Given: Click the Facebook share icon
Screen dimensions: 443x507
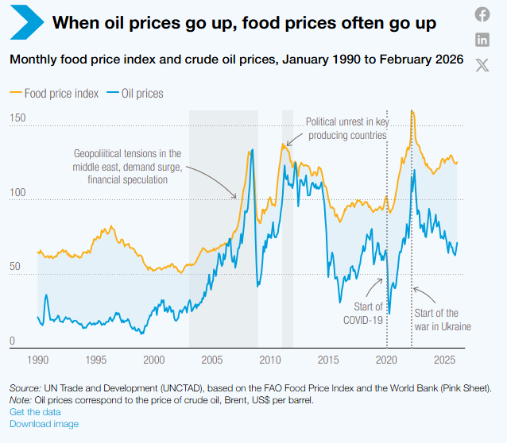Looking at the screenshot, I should pos(482,14).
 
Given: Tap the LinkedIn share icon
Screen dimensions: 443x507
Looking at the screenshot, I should pos(482,40).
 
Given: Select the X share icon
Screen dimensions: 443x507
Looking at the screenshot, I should pos(482,65).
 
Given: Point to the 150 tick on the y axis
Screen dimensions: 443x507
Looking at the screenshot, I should pos(17,118).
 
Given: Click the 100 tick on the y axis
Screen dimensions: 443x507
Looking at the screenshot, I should pos(17,193).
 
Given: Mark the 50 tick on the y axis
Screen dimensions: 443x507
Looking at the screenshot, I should pos(14,267).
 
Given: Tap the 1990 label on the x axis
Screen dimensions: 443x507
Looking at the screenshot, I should pos(38,360).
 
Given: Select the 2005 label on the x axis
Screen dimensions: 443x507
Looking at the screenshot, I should pos(211,360).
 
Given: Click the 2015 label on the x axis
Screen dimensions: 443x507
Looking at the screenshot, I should pos(328,360).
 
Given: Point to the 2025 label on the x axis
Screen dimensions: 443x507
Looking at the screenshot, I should pos(444,360).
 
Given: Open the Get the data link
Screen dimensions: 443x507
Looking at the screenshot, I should pos(35,412).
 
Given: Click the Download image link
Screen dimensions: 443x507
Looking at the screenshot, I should pos(44,424).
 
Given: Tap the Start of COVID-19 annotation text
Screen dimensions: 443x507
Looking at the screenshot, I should pos(364,314).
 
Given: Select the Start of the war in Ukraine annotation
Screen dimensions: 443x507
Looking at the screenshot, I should pos(442,319).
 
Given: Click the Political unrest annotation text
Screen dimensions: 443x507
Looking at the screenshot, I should pos(346,129).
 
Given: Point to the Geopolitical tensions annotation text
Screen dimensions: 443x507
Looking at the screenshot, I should pos(128,167).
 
